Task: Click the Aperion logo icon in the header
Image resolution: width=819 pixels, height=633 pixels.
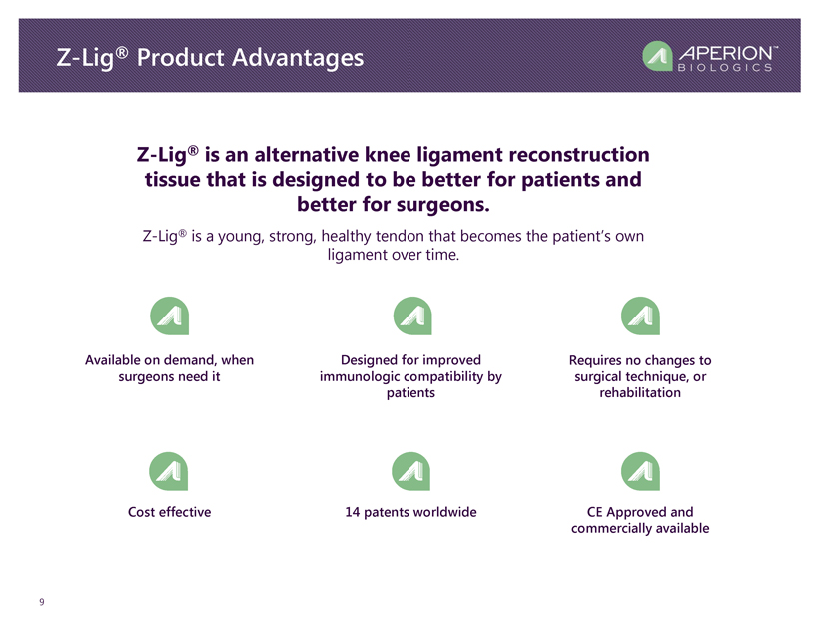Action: coord(657,55)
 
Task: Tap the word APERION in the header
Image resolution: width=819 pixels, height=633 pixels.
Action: coord(726,53)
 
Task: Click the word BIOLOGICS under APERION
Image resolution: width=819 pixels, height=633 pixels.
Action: coord(725,67)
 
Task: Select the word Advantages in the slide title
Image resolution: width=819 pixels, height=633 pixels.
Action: coord(298,58)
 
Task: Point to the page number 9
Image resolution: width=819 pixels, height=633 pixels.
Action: coord(42,602)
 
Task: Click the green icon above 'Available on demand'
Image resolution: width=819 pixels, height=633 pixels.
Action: coord(169,316)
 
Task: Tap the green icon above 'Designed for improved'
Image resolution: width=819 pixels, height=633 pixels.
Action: coord(412,316)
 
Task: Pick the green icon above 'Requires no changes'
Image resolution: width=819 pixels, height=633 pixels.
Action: coord(640,316)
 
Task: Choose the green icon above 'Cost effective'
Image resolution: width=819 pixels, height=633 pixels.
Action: coord(168,471)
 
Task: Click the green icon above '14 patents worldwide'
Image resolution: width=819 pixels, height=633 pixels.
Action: coord(411,471)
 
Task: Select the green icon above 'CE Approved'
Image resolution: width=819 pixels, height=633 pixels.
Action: coord(640,471)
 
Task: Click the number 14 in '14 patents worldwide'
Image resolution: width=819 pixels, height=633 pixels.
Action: coord(352,512)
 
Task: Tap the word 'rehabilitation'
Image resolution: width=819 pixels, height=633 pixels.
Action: coord(640,392)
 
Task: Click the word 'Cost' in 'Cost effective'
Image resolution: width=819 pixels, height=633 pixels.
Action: coord(141,512)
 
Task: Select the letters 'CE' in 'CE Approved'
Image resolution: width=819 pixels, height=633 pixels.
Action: coord(595,512)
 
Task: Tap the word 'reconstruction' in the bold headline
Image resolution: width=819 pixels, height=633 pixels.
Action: coord(578,155)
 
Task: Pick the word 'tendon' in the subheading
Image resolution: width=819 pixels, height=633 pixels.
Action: coord(401,236)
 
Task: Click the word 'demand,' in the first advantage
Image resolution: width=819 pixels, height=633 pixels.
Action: coord(191,360)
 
